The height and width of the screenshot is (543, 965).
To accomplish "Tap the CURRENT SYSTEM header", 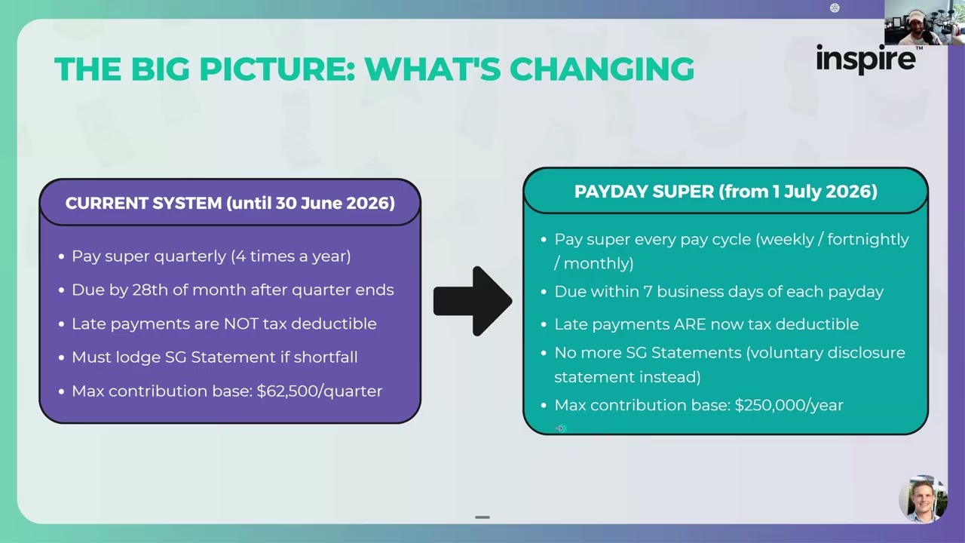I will click(x=230, y=203).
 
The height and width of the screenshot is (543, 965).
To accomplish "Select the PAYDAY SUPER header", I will click(x=725, y=192).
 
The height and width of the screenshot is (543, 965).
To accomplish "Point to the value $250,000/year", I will click(x=789, y=405).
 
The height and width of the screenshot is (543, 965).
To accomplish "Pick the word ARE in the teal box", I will click(x=691, y=324).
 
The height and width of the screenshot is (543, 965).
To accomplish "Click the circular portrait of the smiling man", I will click(x=923, y=499).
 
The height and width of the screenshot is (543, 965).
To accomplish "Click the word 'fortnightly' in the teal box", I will click(x=868, y=239).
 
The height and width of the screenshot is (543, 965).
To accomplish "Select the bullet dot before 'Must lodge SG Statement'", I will click(x=62, y=357).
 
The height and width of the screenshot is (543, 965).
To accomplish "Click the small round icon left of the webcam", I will click(x=835, y=8).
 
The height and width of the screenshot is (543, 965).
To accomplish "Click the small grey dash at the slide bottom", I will click(x=482, y=517).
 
